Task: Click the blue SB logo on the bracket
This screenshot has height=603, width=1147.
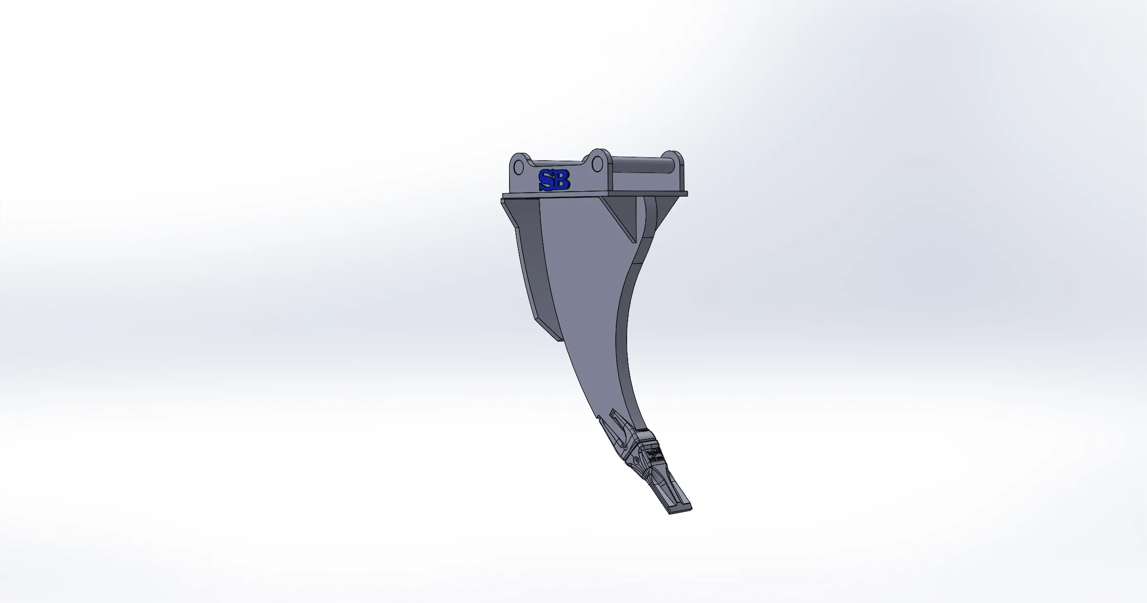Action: (x=554, y=180)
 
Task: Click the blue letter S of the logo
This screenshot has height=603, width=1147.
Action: (x=546, y=180)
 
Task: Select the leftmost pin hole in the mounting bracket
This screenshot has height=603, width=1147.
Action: (x=519, y=168)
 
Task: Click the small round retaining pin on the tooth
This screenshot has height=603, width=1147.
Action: (x=636, y=461)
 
